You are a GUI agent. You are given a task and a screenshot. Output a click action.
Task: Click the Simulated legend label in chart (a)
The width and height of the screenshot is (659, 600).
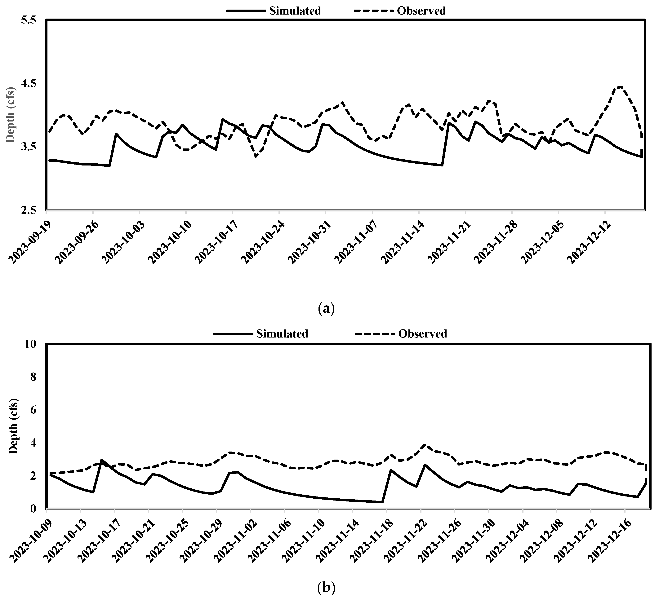[x=295, y=11]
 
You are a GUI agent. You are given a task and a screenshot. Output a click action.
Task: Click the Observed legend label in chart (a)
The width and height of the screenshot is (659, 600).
[x=421, y=11]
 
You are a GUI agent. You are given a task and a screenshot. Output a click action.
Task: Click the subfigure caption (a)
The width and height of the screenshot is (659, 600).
[x=326, y=308]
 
